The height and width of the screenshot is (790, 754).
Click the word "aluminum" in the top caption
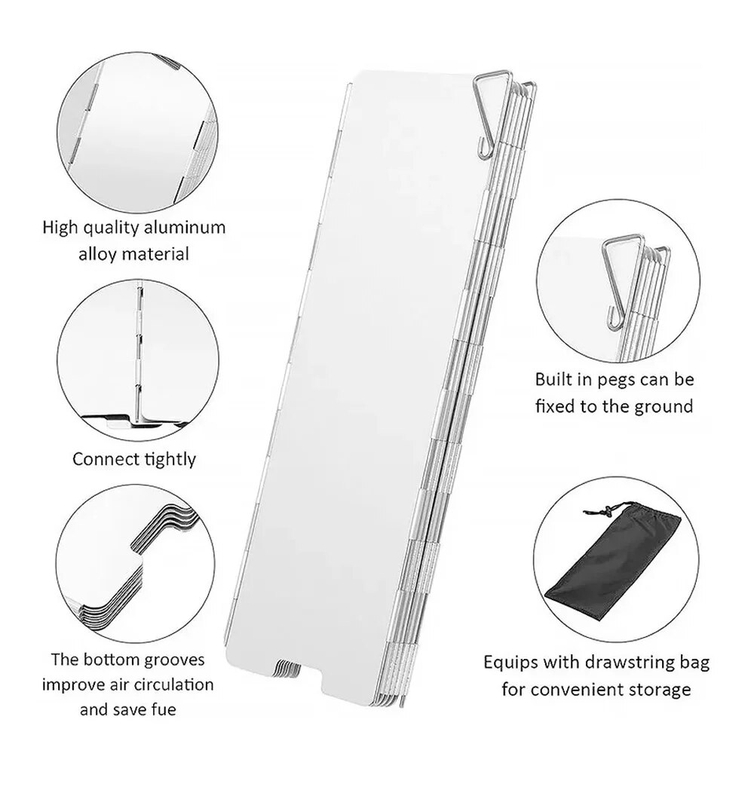[185, 227]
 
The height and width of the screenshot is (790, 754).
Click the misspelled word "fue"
[163, 709]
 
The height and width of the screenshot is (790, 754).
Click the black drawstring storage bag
[613, 559]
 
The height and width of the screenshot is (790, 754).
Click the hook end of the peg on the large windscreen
[484, 152]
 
